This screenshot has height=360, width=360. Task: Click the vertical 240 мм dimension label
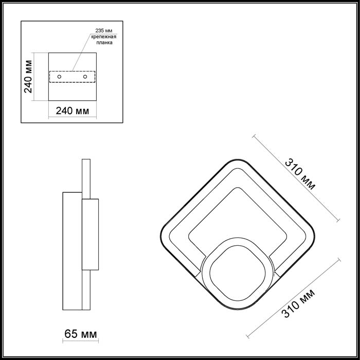coord(28,77)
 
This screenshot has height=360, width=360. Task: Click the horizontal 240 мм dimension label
coord(73,111)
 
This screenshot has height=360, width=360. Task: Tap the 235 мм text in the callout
coord(104,30)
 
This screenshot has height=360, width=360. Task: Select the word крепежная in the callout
coord(104,37)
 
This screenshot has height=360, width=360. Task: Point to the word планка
coord(104,43)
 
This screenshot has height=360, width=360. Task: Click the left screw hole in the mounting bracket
coord(59,77)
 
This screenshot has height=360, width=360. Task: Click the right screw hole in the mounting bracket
coord(85,77)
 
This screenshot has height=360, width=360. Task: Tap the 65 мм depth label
coord(81,334)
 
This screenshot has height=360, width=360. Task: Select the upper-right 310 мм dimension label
coord(300,174)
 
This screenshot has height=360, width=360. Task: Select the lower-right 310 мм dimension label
coord(298,303)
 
